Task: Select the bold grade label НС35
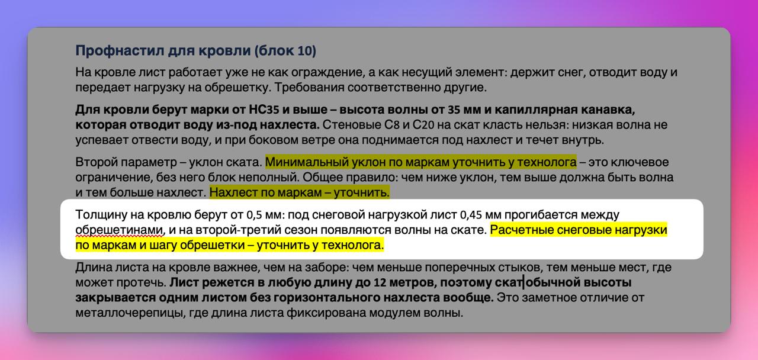[262, 110]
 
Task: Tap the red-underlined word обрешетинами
[120, 230]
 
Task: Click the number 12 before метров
[380, 282]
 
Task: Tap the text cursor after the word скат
[523, 282]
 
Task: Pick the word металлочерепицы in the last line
[130, 313]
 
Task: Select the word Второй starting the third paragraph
[96, 162]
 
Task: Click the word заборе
[327, 267]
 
